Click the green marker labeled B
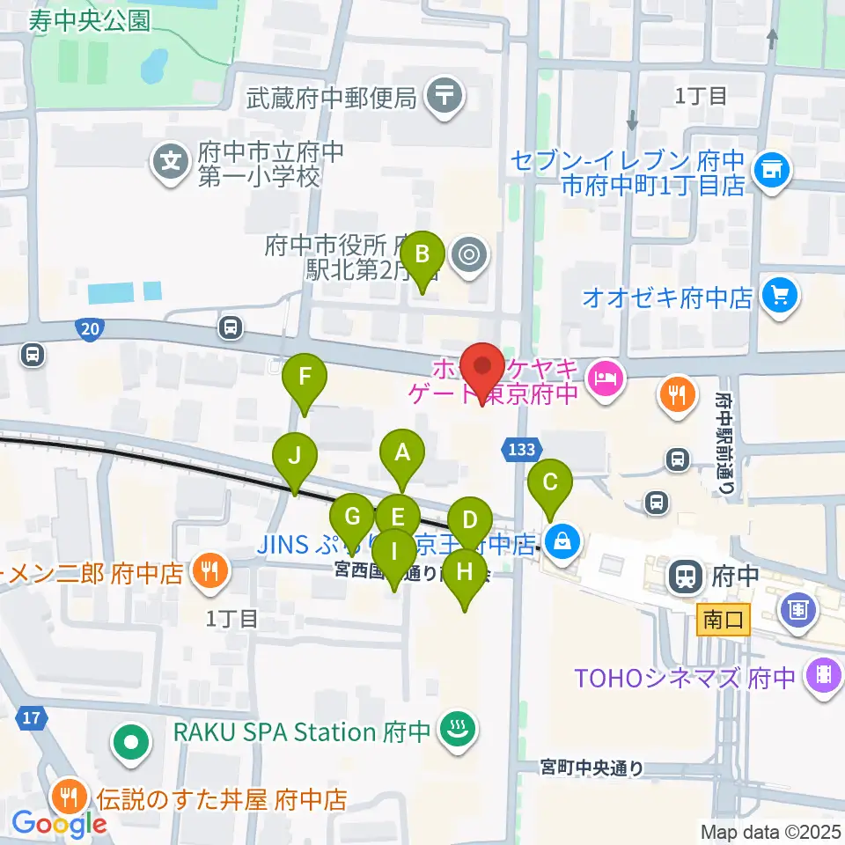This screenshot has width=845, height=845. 422,254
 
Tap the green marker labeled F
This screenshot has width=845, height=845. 305,378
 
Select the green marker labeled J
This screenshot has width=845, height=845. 294,457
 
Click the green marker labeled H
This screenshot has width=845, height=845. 465,572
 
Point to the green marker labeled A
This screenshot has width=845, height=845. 402,453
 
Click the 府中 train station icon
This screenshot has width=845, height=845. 686,577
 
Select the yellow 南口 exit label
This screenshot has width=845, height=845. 724,620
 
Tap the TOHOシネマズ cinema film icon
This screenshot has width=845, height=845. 824,676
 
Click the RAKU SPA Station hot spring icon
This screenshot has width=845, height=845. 456,730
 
